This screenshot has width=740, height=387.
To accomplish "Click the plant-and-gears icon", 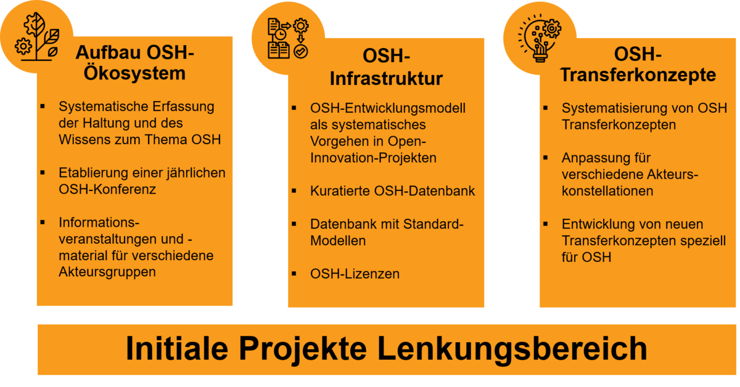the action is click(37, 36).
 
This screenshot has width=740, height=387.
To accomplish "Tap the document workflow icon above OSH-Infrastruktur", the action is click(288, 38).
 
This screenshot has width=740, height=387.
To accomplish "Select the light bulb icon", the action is click(540, 38).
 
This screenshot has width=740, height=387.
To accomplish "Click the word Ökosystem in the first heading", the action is click(134, 73).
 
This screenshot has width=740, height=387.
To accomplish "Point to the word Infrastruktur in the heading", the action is click(386, 79).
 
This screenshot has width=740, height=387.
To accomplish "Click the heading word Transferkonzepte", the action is click(638, 75).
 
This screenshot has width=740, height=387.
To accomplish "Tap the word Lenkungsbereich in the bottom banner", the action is click(512, 349).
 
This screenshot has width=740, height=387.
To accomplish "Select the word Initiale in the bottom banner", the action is click(177, 348).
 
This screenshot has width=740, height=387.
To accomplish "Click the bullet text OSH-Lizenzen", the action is click(355, 274).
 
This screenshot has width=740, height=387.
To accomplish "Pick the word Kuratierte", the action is click(340, 191).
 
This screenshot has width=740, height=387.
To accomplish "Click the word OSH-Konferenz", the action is click(107, 189).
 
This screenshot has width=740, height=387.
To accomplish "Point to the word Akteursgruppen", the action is click(107, 272).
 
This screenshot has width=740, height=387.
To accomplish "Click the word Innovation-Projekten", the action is click(373, 158).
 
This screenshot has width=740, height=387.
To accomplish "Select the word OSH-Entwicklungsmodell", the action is click(388, 108).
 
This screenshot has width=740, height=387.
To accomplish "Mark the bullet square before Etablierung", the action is click(43, 173).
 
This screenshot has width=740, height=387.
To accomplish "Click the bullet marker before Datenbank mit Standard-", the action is click(294, 224).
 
